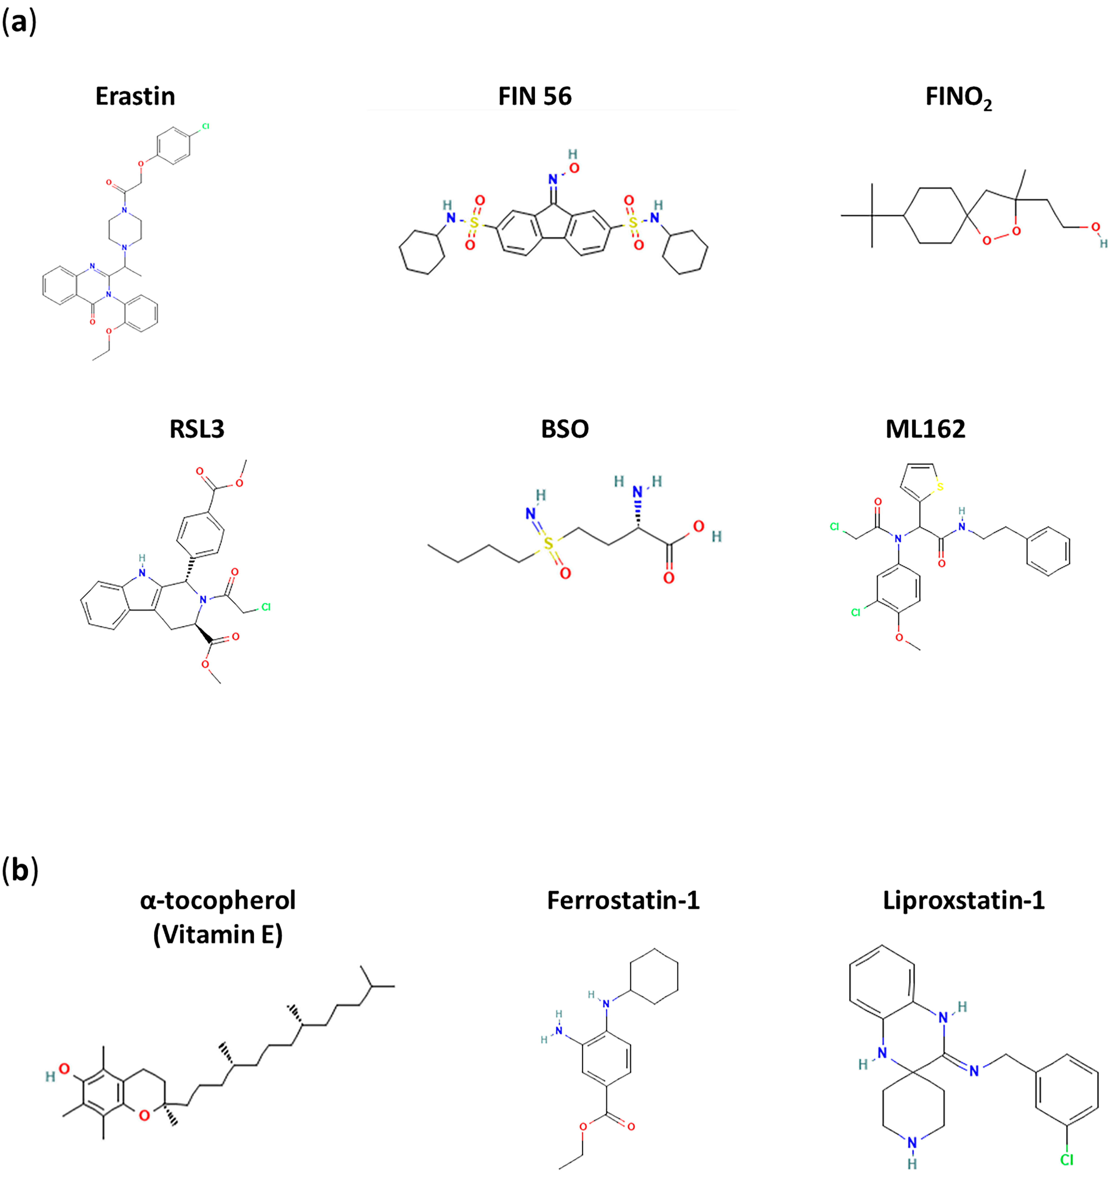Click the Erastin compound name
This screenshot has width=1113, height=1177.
[x=135, y=96]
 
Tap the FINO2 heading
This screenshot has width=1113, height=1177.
[x=958, y=98]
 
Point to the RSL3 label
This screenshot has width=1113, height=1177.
[x=197, y=429]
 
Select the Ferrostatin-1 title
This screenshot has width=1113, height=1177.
[x=623, y=900]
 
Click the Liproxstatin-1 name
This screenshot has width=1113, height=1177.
[x=964, y=900]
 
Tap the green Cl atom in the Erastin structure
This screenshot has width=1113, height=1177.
[x=205, y=126]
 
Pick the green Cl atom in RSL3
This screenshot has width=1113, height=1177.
[x=266, y=607]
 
